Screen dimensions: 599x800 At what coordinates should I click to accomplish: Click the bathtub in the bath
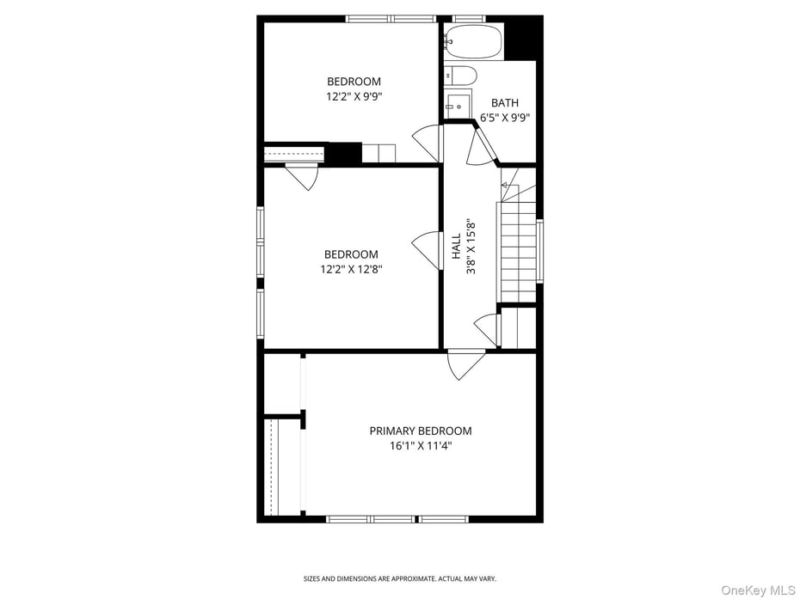point(474,41)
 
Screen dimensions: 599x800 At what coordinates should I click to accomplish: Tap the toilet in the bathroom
point(460,76)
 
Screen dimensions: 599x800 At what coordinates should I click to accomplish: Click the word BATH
point(505,103)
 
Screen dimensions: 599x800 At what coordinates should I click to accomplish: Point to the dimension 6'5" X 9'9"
point(505,119)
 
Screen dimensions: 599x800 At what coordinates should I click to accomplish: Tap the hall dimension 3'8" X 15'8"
point(471,247)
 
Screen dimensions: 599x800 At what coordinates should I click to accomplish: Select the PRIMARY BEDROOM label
point(420,431)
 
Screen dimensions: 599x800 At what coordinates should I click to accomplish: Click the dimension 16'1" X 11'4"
point(420,446)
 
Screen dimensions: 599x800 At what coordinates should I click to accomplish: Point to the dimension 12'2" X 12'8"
point(350,269)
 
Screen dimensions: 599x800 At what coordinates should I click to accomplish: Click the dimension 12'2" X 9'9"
point(353,97)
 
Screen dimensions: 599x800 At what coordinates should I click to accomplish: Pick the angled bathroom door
point(478,146)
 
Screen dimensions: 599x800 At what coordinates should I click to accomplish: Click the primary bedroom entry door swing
point(465,364)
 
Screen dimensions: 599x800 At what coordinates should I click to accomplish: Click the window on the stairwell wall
point(540,250)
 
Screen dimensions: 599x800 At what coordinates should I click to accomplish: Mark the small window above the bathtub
point(468,18)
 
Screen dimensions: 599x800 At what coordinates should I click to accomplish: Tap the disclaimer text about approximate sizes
point(399,578)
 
